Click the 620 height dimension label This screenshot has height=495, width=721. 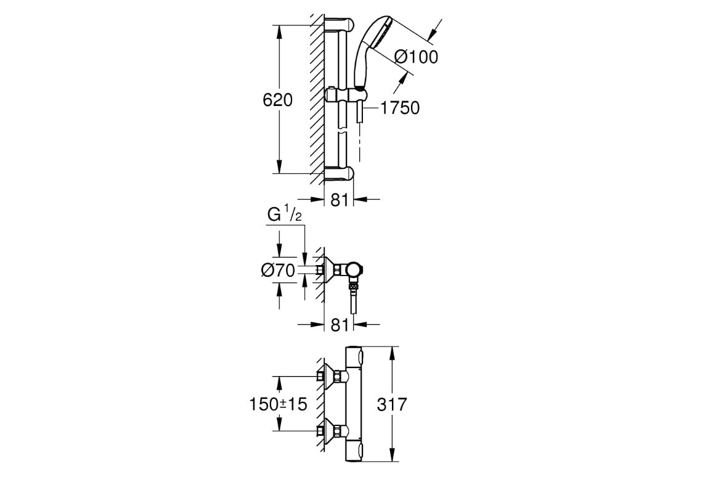point(278,100)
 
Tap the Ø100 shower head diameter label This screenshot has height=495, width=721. point(416,57)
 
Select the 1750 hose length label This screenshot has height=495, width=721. point(399,108)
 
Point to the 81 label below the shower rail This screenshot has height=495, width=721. point(340,200)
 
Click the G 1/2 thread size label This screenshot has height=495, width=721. point(285,215)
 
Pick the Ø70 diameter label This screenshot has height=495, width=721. point(278,270)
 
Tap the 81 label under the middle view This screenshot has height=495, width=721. point(340,325)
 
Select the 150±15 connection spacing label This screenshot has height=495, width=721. point(278,404)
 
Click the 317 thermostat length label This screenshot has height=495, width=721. point(392,404)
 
